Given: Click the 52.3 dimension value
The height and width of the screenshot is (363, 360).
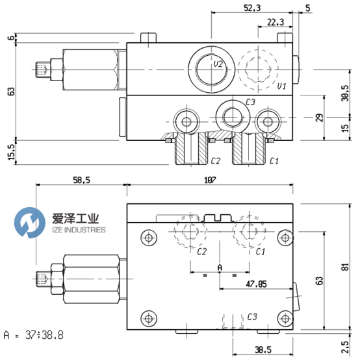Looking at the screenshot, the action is (x=252, y=8).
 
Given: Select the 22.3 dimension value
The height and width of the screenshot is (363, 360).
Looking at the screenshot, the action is (x=276, y=22).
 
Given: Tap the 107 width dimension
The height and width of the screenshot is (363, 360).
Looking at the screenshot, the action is (x=210, y=180).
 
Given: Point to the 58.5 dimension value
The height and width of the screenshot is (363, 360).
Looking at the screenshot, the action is (x=81, y=180).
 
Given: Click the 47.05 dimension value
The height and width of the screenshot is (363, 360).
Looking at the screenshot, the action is (x=256, y=284).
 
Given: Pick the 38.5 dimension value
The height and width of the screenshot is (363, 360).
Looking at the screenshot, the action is (x=263, y=349).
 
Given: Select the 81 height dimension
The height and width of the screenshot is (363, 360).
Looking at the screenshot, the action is (x=345, y=267).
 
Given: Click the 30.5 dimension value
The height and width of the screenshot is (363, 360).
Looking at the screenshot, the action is (x=345, y=93).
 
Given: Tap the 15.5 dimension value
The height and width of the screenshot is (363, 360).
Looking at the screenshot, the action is (x=11, y=152).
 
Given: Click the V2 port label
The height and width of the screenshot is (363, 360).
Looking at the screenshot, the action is (x=218, y=64).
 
